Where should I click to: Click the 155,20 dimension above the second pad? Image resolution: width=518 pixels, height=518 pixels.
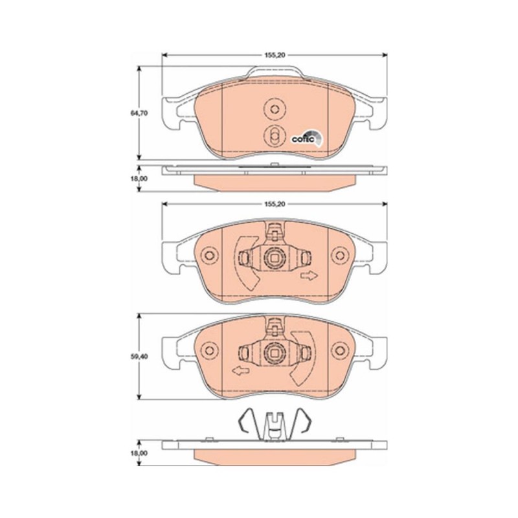pos(275,204)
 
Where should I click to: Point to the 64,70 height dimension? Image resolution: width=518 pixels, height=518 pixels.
pos(139,113)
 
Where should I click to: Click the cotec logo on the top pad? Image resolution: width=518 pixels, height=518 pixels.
pos(305,137)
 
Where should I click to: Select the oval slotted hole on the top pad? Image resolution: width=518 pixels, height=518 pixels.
pos(274,136)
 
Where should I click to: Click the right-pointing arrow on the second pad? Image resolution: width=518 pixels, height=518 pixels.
pos(310,276)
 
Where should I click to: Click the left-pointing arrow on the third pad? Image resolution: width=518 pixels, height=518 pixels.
pos(240,371)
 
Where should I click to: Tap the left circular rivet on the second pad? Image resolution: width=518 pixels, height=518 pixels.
pos(208,257)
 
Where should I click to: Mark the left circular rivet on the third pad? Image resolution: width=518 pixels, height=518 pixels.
pos(208,351)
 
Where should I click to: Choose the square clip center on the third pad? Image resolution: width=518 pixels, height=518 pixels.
pos(274,354)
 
